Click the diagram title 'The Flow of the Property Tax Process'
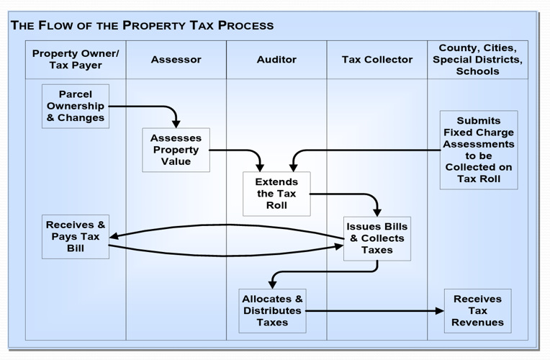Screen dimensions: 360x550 click(x=142, y=25)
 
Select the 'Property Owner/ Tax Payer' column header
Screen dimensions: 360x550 click(x=76, y=60)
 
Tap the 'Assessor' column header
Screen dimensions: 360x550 click(x=176, y=60)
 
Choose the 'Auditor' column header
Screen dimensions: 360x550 click(x=276, y=60)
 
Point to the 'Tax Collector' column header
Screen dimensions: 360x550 click(x=377, y=60)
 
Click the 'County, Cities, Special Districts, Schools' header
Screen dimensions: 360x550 click(x=478, y=60)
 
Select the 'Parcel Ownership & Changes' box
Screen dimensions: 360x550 click(x=76, y=106)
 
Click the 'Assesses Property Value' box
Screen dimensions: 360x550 click(x=176, y=150)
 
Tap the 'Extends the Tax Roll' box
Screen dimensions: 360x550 click(x=276, y=194)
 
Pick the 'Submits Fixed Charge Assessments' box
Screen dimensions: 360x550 click(x=478, y=150)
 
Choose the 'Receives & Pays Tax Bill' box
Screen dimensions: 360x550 click(x=76, y=237)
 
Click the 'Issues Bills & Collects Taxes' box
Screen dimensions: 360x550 click(x=377, y=238)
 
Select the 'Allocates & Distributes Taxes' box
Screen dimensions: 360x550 click(x=272, y=311)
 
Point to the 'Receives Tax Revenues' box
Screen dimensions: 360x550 click(x=478, y=311)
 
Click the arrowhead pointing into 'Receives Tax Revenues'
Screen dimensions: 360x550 click(x=440, y=311)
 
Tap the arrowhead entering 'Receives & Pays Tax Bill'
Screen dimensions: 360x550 click(x=114, y=235)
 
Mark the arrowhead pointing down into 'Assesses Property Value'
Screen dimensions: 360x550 click(x=176, y=123)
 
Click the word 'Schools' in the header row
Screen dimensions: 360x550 click(x=478, y=72)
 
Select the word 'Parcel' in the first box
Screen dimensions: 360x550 click(x=76, y=94)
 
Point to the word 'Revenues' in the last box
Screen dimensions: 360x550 click(x=478, y=323)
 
